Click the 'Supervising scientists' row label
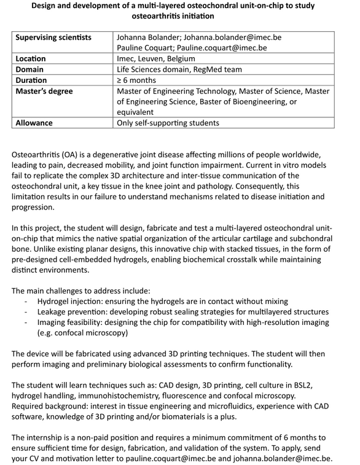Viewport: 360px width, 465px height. (53, 37)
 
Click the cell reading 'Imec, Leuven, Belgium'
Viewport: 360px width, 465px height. (160, 59)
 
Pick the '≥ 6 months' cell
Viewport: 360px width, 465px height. (136, 80)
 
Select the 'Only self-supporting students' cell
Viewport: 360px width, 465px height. (168, 123)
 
